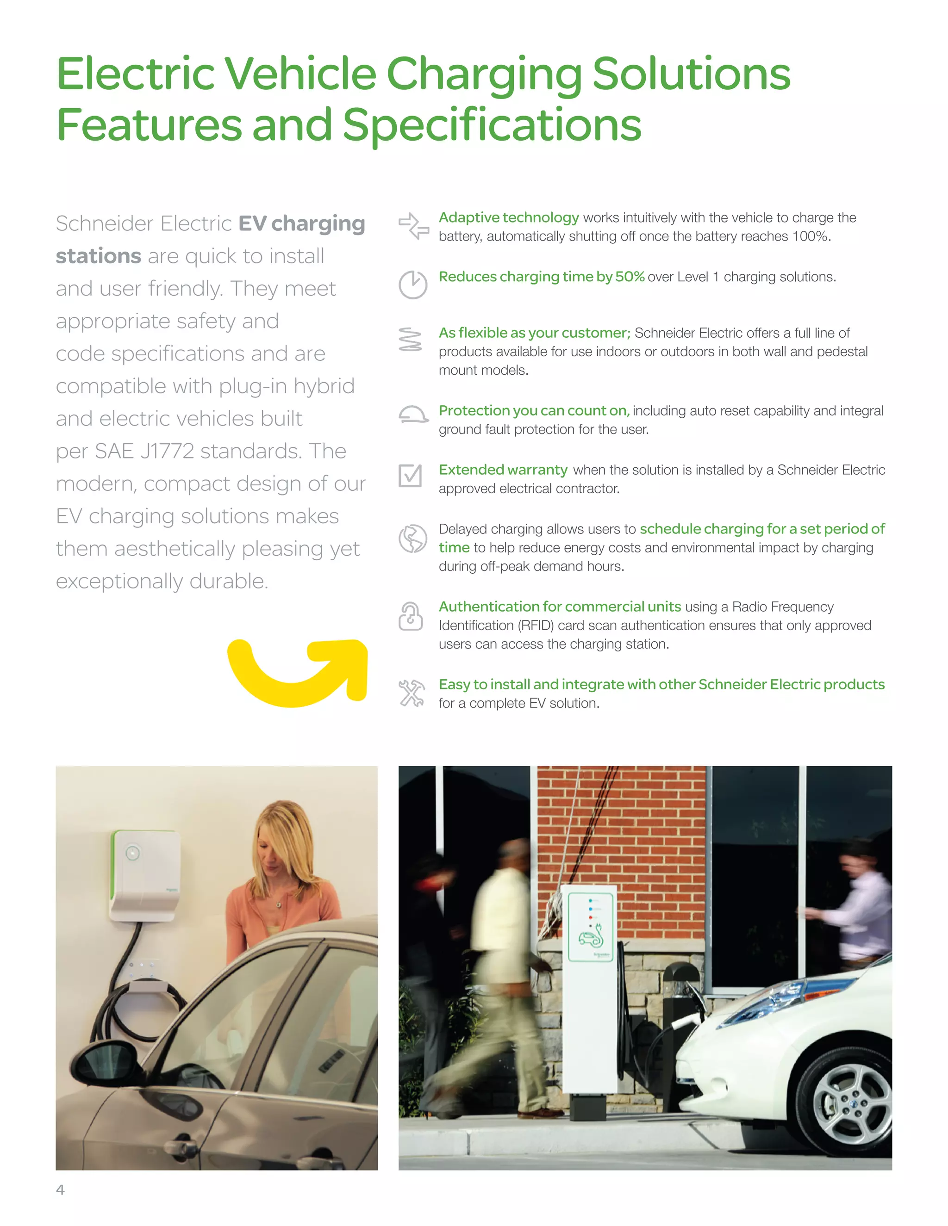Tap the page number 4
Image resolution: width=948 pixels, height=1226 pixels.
60,1189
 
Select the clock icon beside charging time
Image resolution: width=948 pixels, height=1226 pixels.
413,285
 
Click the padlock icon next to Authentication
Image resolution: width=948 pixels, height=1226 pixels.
411,616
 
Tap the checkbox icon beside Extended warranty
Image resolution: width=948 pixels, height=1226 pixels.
410,476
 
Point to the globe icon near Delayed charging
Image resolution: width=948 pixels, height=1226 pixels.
413,539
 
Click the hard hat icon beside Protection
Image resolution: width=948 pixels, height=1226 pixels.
413,415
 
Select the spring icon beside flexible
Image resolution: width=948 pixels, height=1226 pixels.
410,340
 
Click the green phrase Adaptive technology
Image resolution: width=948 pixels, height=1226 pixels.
508,217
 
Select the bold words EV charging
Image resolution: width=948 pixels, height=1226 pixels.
302,223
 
